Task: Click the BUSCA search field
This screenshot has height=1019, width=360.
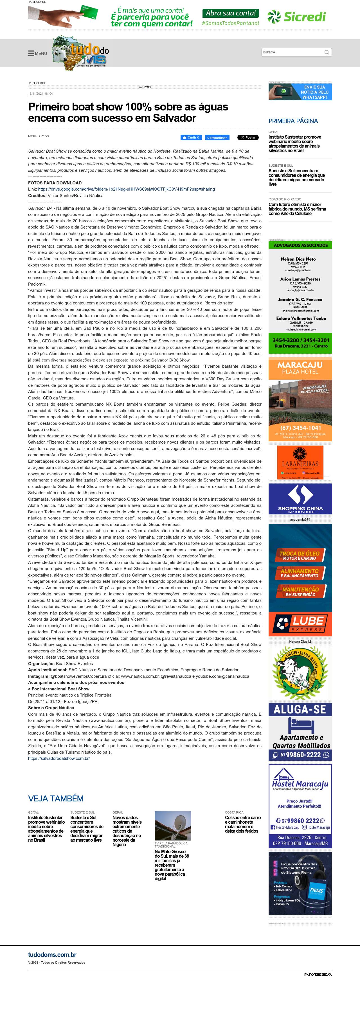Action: coord(293,52)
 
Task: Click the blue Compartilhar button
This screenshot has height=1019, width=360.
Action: coord(217,138)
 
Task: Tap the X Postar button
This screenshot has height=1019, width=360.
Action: coord(248,138)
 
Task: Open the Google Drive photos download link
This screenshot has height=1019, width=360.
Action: coord(126,189)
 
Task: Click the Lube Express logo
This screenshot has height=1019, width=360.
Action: coord(300,623)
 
